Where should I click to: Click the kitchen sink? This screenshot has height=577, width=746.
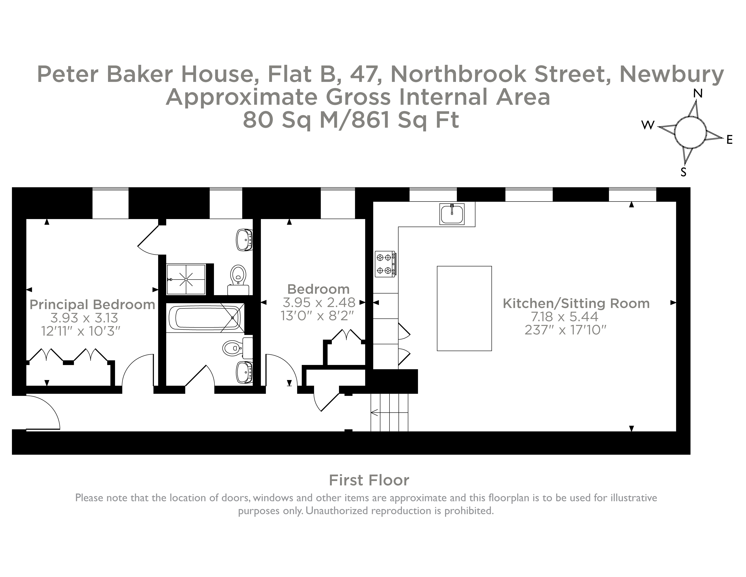(x=452, y=214)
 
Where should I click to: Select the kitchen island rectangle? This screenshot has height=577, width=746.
(x=464, y=308)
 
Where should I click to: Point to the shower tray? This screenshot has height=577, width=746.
(x=186, y=279)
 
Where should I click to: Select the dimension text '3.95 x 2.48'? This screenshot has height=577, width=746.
(x=319, y=302)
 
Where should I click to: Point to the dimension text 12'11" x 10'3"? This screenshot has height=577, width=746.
(x=81, y=331)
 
